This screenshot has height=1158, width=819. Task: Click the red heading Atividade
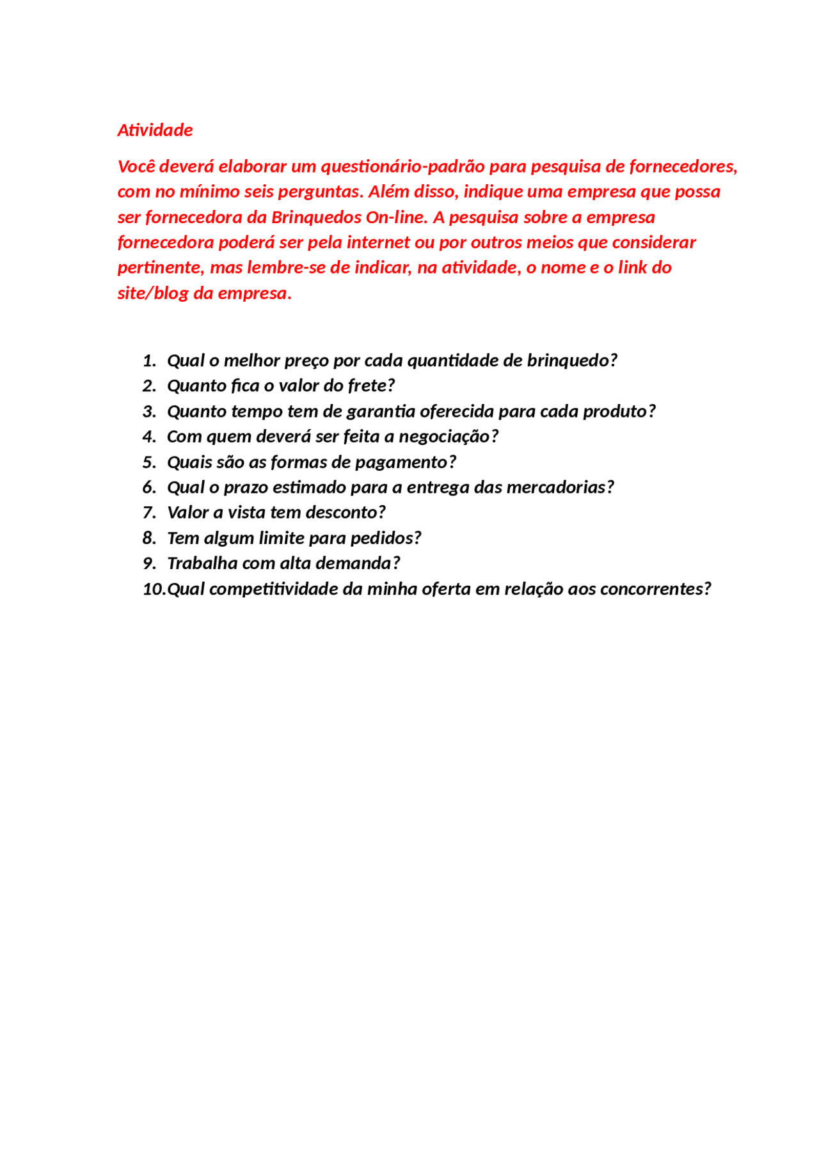click(x=155, y=130)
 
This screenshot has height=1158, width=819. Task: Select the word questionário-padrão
click(x=402, y=166)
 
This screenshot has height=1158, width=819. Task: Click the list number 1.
click(x=148, y=361)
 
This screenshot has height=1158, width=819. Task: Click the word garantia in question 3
click(x=381, y=411)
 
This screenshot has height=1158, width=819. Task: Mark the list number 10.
click(x=153, y=589)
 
